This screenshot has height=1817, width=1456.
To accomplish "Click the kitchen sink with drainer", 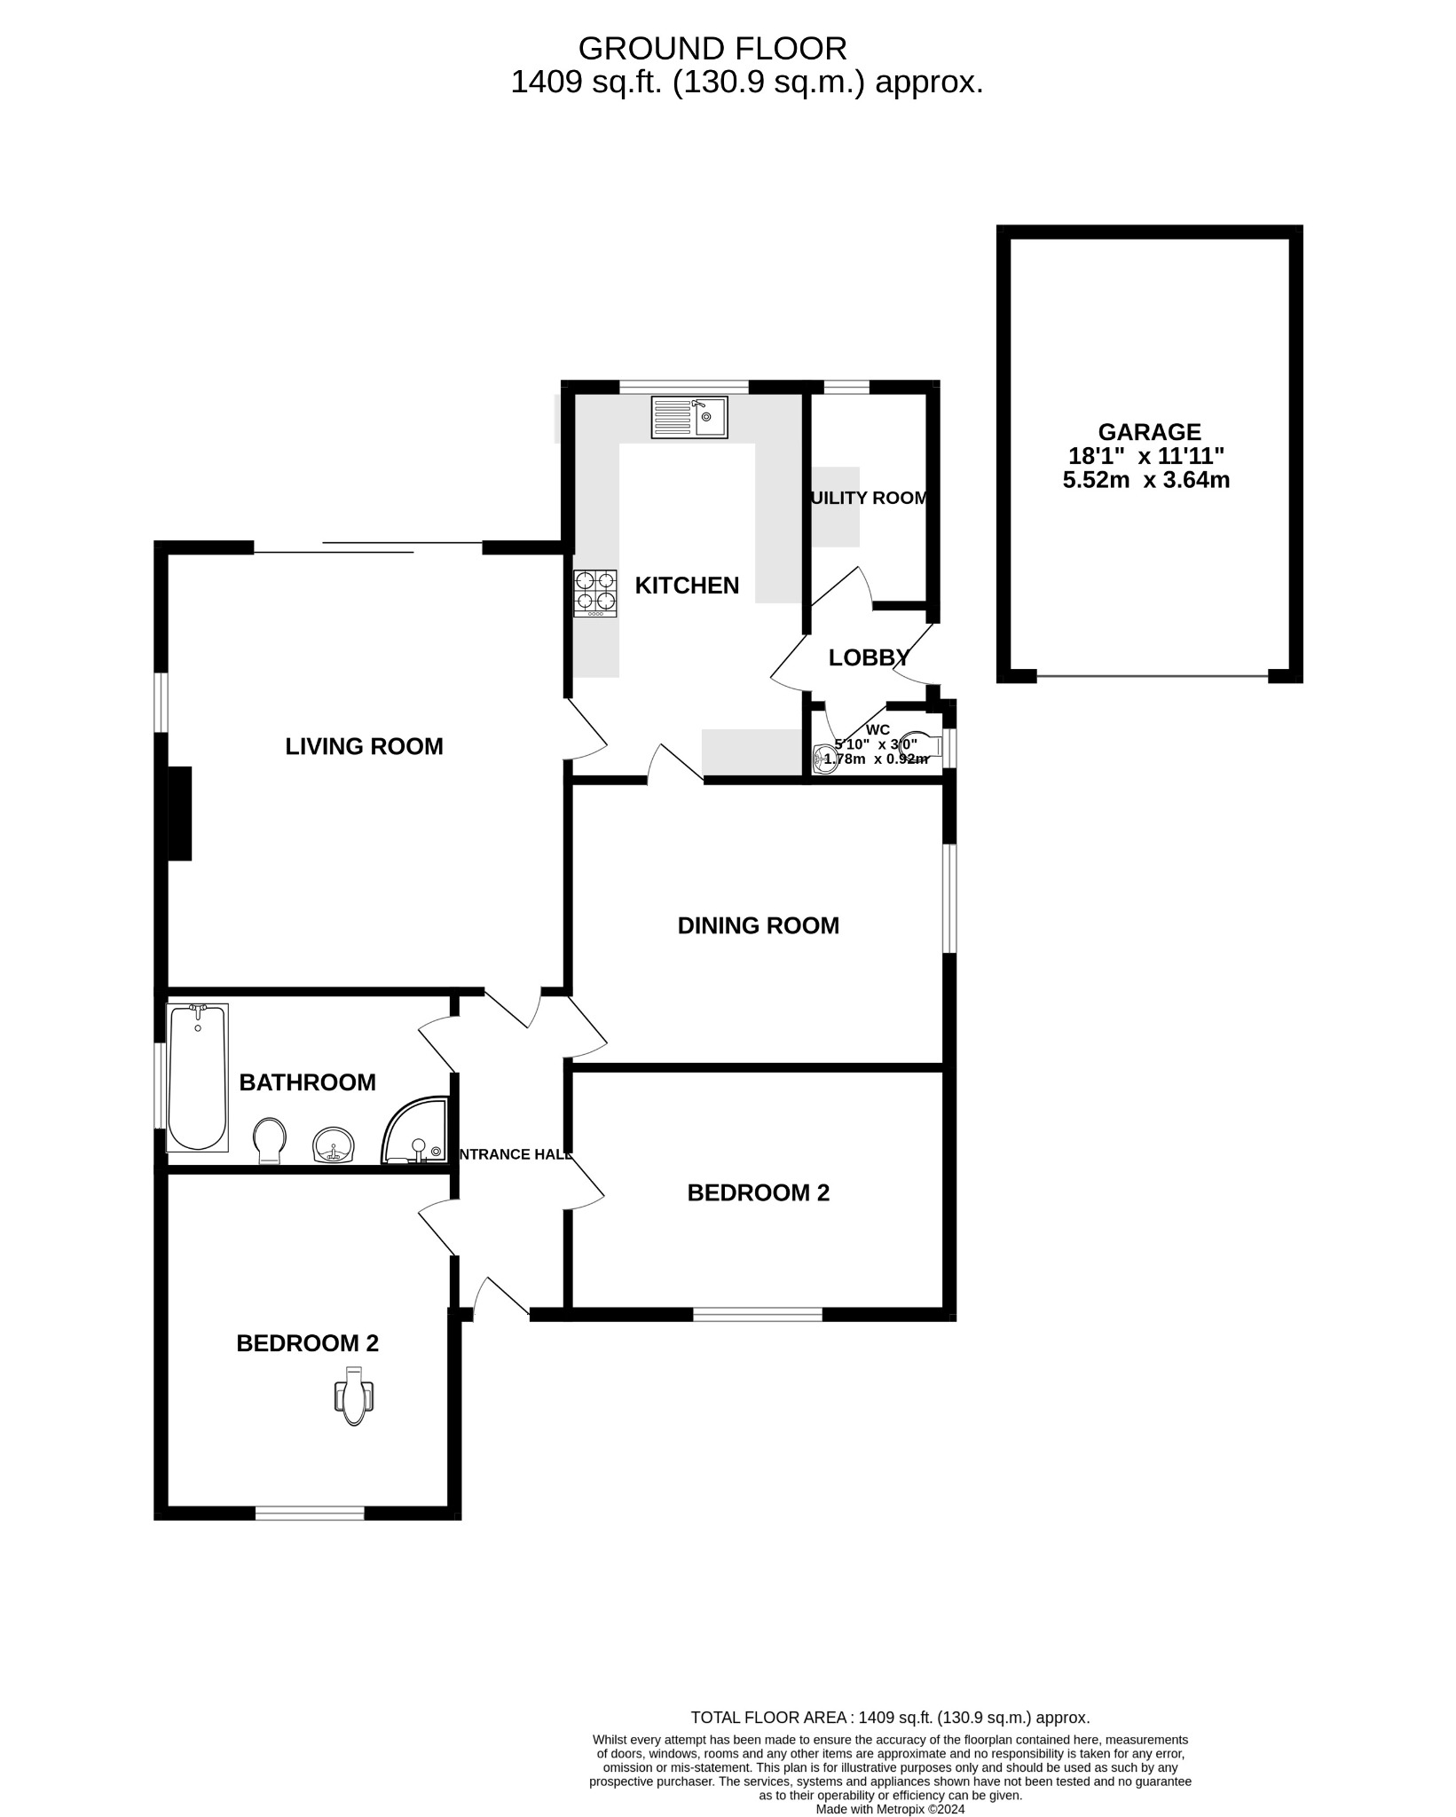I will [689, 417].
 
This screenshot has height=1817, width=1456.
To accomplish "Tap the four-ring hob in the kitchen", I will [595, 593].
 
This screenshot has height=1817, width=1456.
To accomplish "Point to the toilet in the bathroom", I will [270, 1139].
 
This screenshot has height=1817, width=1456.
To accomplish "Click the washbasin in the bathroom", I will [334, 1144].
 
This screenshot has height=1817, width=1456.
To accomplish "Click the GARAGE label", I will [1149, 432].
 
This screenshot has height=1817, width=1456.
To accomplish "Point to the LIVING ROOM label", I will [364, 746].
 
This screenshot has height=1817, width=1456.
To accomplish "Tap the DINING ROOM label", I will [758, 925].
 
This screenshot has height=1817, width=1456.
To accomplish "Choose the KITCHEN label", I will [687, 586].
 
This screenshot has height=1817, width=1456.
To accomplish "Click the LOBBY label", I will [869, 657].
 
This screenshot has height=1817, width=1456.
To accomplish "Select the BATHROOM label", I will [307, 1082].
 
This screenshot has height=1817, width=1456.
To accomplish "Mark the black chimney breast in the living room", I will [180, 813].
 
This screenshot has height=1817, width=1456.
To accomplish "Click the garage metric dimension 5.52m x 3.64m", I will [1145, 481].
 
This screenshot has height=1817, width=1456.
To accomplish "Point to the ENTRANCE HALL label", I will [512, 1154].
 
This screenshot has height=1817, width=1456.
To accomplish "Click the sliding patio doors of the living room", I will [368, 547].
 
